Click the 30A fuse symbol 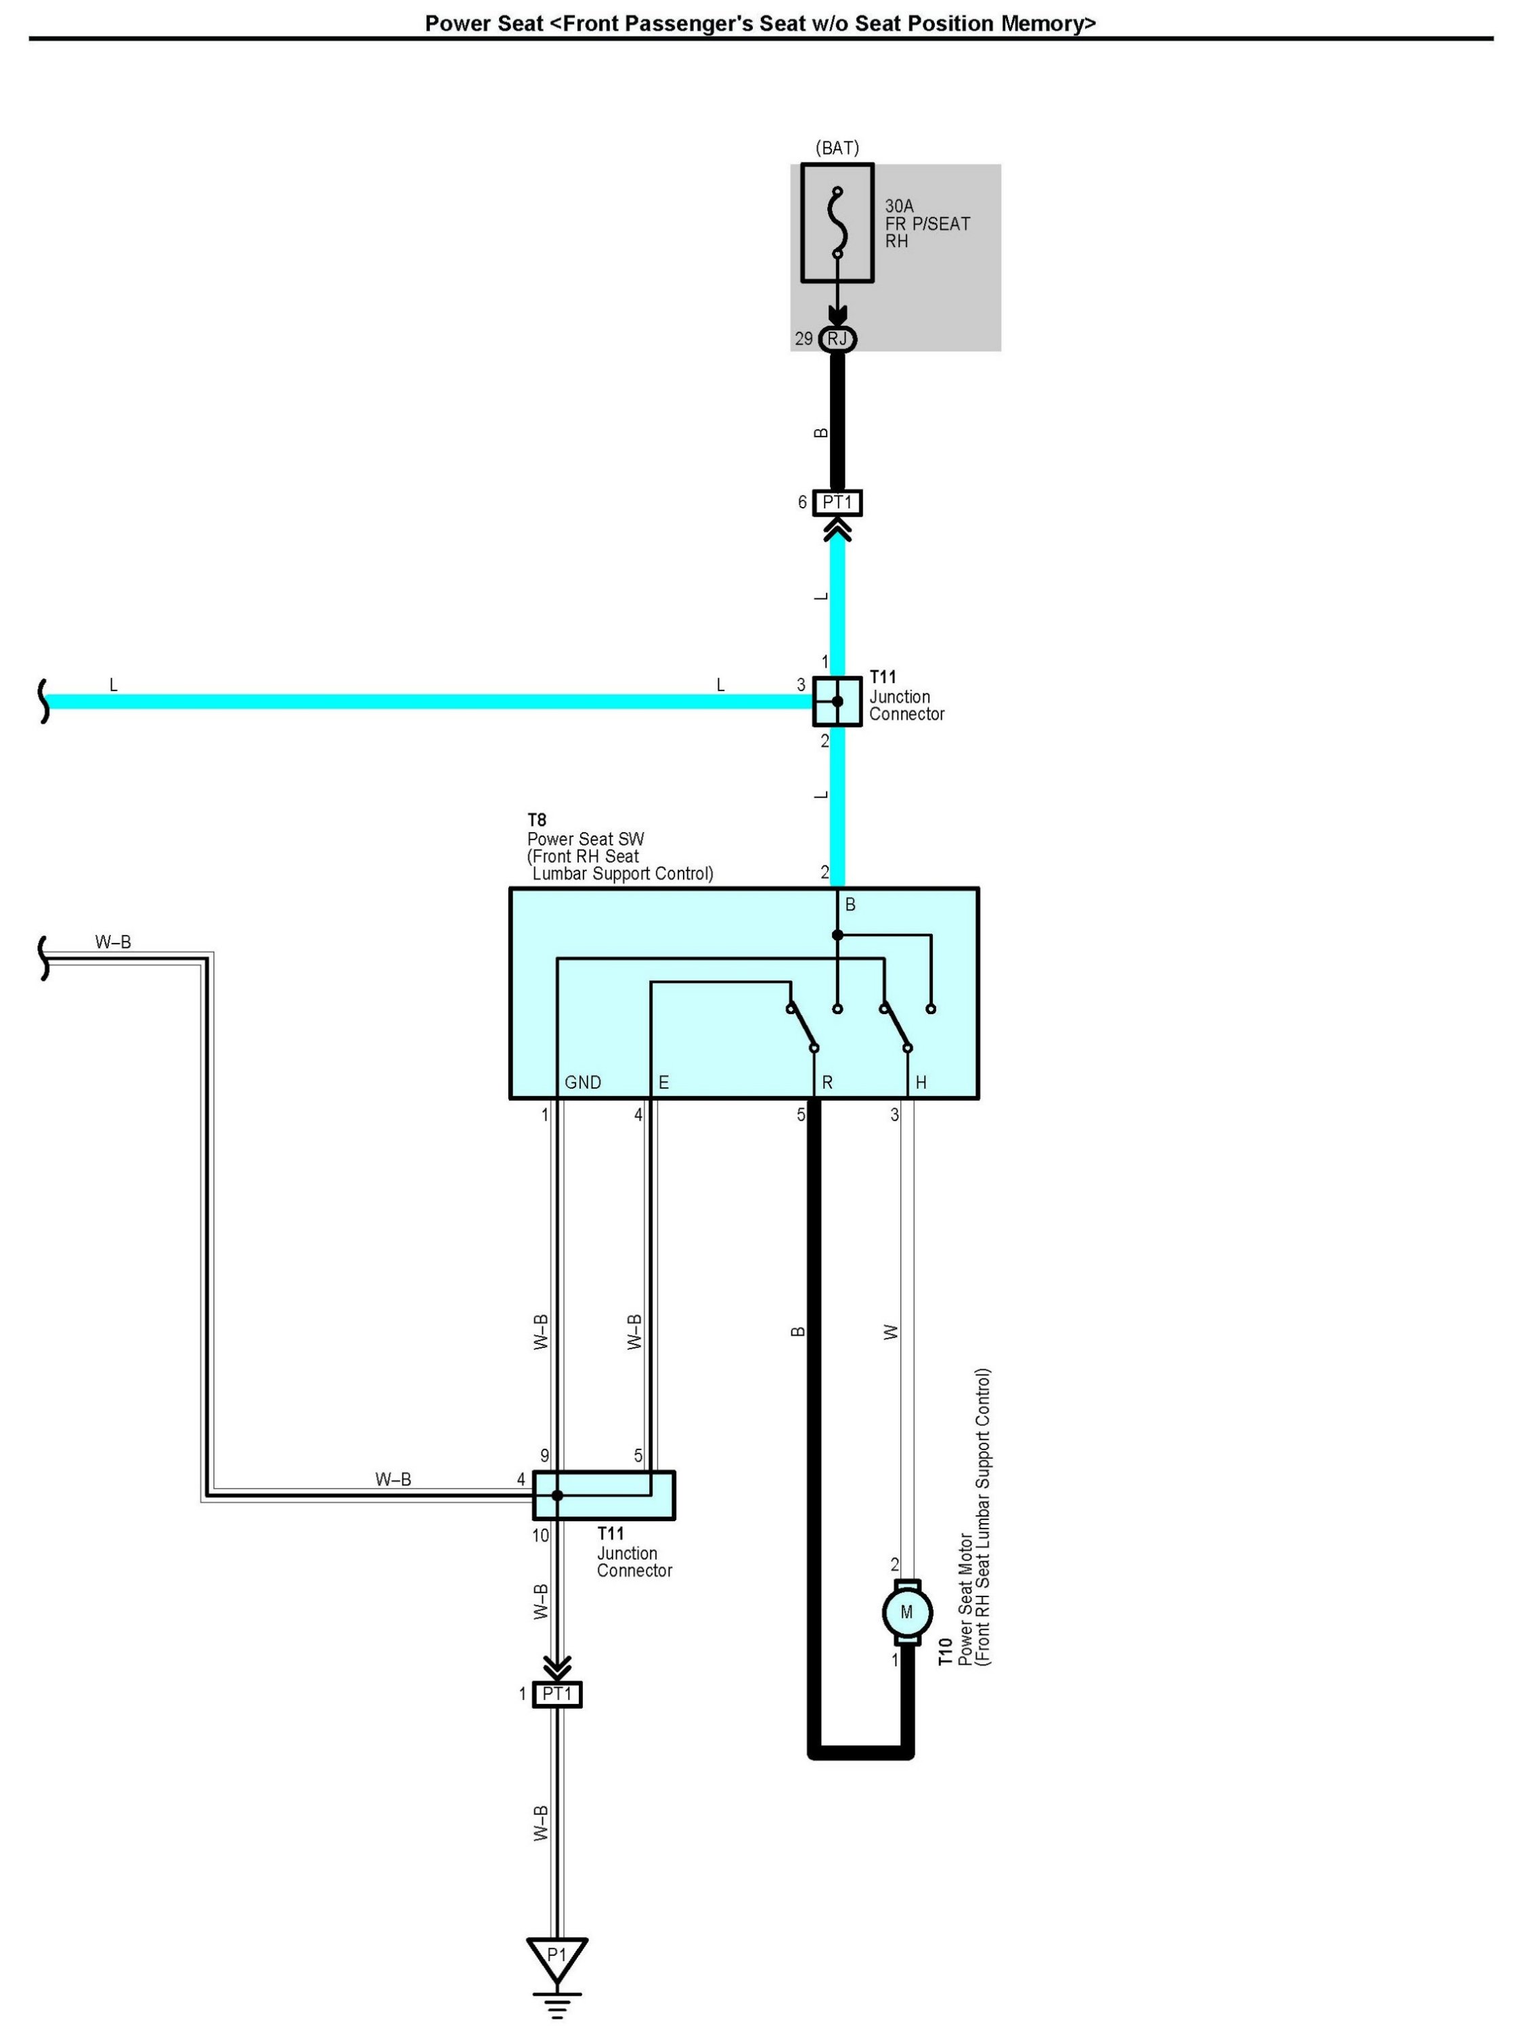tap(837, 223)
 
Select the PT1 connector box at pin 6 tap(837, 503)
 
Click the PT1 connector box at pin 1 tap(557, 1694)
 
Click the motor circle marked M tap(906, 1613)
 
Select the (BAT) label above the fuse tap(837, 148)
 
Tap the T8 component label tap(537, 820)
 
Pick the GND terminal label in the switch tap(582, 1083)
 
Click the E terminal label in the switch tap(663, 1083)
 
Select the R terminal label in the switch tap(827, 1083)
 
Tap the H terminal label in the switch tap(921, 1083)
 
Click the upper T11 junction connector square tap(837, 701)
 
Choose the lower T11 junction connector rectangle tap(604, 1495)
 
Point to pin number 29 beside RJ tap(803, 338)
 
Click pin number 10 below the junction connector tap(540, 1535)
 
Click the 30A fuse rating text tap(898, 206)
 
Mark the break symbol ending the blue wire tap(43, 701)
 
